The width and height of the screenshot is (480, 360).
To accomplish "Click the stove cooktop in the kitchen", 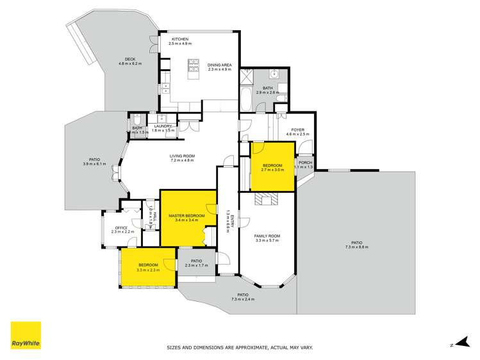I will click(193, 65).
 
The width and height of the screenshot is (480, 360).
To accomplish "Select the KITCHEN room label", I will click(179, 39).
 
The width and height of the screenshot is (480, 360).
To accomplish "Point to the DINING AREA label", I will click(219, 65).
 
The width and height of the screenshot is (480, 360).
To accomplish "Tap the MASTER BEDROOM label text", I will click(186, 216).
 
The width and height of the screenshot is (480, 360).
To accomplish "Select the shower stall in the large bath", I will click(246, 77).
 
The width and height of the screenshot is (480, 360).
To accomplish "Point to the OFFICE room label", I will click(121, 227).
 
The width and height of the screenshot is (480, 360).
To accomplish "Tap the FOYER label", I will click(297, 130).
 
